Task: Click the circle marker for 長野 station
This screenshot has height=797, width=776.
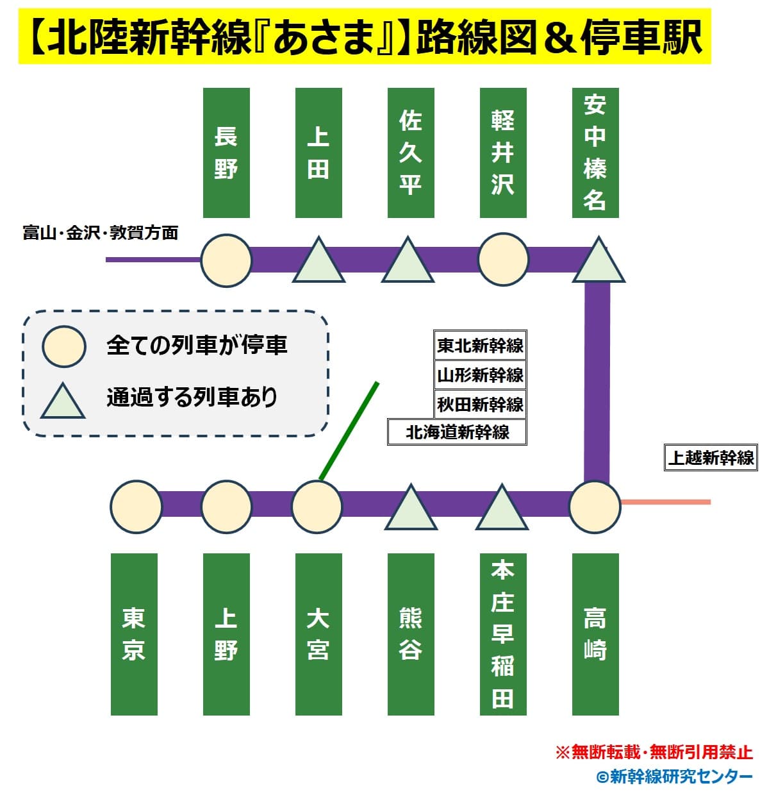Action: tap(226, 260)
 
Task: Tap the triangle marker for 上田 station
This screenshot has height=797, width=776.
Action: tap(318, 260)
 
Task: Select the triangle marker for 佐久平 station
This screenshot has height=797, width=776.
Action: tap(408, 260)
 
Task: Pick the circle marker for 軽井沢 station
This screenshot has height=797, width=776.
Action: tap(504, 259)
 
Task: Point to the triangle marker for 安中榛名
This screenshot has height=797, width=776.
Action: tap(599, 260)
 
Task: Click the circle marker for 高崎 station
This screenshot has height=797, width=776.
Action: tap(595, 507)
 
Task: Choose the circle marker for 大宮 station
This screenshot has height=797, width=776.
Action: tap(317, 507)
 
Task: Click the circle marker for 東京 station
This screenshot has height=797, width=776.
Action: tap(136, 507)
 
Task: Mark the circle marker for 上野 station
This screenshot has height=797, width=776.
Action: tap(226, 507)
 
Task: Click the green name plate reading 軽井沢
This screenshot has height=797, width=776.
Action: tap(503, 153)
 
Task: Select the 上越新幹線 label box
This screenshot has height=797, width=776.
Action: tap(711, 457)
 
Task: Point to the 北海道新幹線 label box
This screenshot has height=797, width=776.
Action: tap(457, 432)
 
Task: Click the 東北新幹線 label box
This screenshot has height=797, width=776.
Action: tap(480, 345)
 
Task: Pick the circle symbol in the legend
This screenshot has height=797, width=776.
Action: tap(64, 346)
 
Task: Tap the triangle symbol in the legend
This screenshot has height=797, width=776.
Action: tap(63, 401)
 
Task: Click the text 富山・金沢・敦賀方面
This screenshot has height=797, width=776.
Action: tap(101, 233)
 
